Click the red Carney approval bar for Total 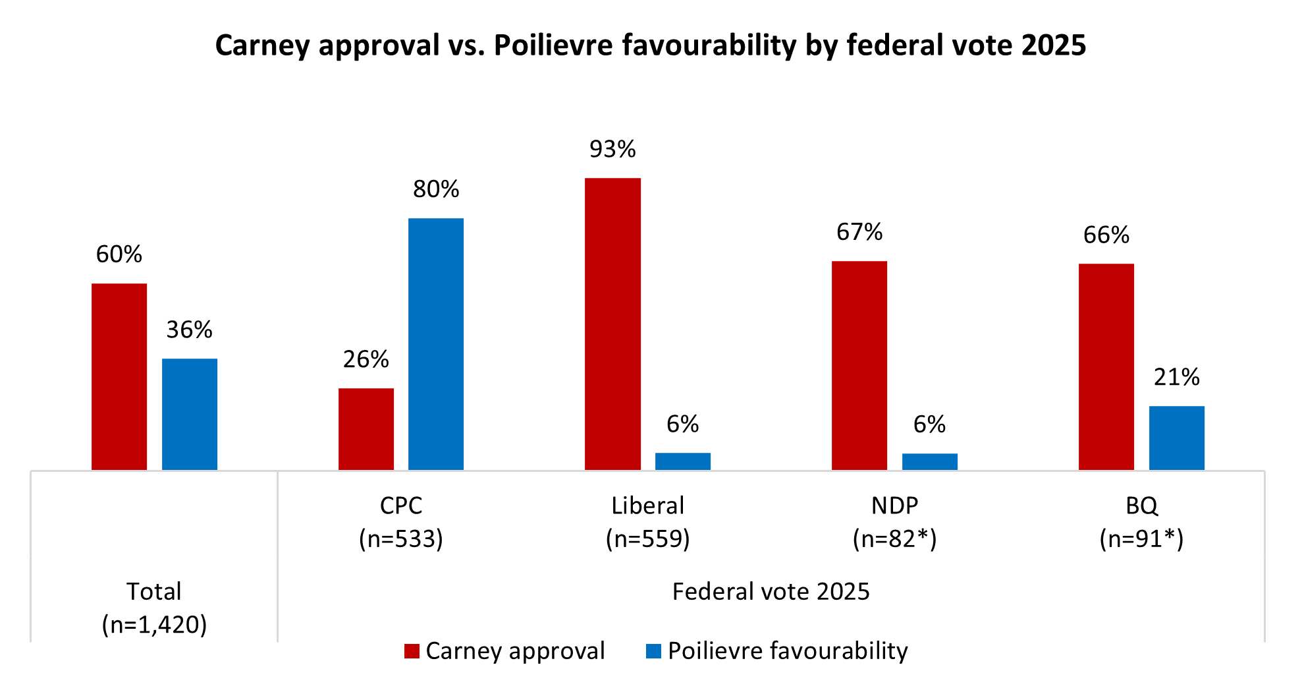119,376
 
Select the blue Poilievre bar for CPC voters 436,343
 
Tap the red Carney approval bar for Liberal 612,324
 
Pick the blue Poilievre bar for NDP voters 929,461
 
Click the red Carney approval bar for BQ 1106,366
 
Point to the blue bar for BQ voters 1176,438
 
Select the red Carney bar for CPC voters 366,428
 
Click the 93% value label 612,150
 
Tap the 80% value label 436,190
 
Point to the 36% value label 190,330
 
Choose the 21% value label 1176,377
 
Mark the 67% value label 859,232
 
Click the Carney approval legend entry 504,651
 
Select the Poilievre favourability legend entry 777,651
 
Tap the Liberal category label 648,506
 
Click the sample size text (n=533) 401,539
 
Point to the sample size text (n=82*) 894,539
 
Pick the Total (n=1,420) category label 154,608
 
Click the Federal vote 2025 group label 771,592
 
